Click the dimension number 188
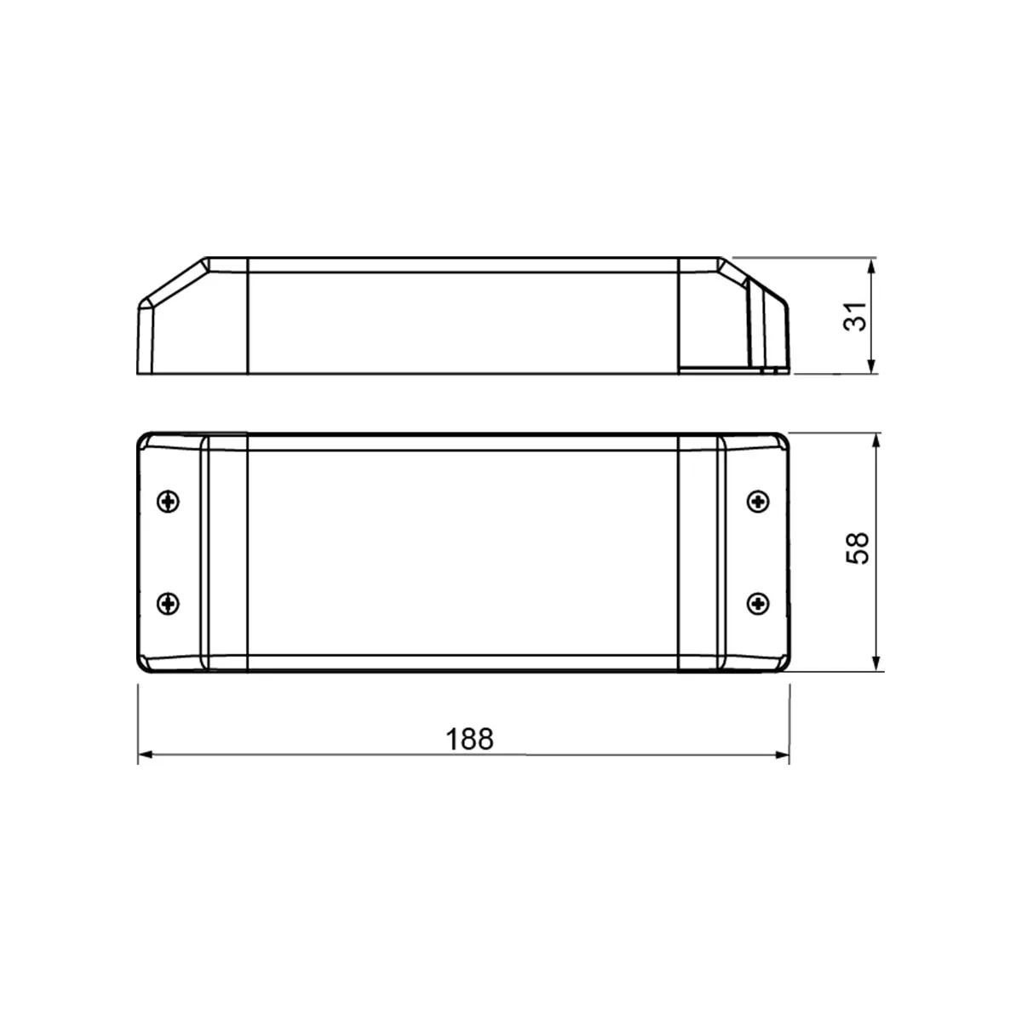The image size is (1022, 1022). pos(470,738)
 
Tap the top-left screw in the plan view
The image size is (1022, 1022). pos(169,501)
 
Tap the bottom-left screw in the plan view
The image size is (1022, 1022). pos(169,604)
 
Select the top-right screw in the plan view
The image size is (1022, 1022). pos(757,501)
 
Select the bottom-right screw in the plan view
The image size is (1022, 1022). pos(757,604)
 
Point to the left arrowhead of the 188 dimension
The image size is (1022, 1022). pos(145,755)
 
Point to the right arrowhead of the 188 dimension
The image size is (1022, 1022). pos(782,755)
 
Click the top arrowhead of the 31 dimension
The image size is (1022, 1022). pos(871,266)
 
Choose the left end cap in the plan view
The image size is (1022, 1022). pos(170,552)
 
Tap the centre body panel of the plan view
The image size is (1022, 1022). pos(462,552)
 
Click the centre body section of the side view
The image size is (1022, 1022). pos(462,322)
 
